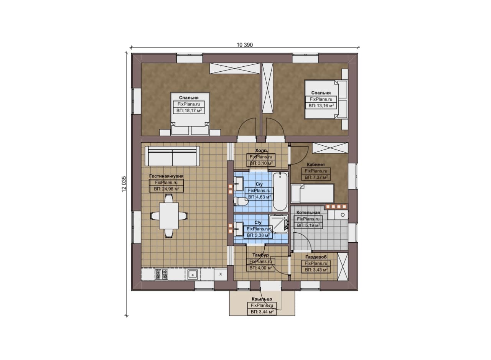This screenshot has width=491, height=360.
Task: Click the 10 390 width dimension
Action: point(245,45)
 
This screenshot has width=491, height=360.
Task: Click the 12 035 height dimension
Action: point(124,184)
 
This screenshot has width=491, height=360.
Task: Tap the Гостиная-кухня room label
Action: point(166,176)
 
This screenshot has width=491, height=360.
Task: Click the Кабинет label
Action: point(316,164)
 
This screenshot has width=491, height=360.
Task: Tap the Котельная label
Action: point(308,212)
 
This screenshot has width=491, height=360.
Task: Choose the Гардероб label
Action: point(316,257)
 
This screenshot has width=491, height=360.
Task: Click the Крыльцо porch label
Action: point(262,299)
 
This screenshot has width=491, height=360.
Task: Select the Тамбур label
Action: point(260,255)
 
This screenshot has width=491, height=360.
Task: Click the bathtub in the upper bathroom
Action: point(280,191)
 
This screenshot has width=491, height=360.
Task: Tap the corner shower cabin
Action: point(278,224)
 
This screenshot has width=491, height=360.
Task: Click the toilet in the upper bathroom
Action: point(241,201)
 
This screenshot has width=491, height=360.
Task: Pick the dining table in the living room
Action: point(169,216)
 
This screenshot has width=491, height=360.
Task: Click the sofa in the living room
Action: point(172,156)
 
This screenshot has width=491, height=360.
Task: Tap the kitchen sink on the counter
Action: point(193,275)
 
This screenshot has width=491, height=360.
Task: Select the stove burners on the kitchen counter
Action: point(161,275)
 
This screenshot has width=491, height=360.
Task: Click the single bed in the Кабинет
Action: point(312,193)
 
